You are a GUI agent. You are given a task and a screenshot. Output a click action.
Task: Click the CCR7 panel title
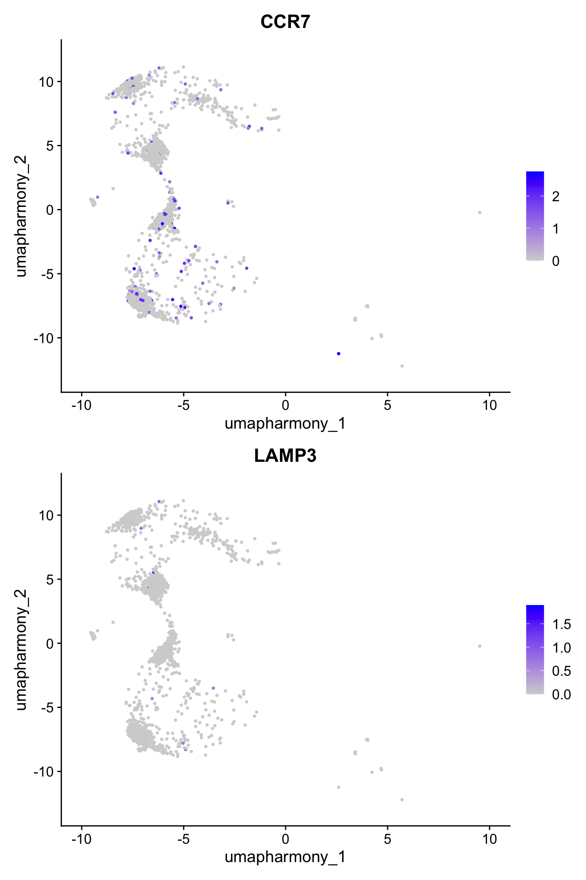[285, 22]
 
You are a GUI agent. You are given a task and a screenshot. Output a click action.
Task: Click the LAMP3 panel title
[285, 456]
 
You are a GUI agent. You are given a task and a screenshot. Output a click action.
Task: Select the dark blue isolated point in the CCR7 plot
[338, 354]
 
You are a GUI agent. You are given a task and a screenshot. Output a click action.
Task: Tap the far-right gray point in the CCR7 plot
[480, 213]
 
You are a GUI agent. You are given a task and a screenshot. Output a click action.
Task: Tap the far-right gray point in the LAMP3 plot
[480, 646]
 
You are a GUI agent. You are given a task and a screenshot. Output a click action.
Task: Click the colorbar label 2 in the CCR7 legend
[555, 197]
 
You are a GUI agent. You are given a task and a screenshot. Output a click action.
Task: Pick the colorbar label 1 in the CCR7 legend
[555, 229]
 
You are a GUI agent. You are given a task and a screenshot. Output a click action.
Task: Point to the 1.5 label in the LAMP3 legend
[561, 625]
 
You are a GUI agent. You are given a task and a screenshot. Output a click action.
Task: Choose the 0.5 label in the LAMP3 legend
[561, 671]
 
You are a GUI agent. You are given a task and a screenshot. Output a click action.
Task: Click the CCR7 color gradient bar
[535, 216]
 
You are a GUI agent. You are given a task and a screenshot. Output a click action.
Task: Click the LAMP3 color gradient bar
[535, 650]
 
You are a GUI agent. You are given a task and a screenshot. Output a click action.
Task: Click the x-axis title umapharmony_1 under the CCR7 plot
[285, 423]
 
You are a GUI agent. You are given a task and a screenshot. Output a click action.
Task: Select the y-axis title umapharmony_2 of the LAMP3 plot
[21, 650]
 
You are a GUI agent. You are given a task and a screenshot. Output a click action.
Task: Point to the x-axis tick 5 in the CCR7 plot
[387, 406]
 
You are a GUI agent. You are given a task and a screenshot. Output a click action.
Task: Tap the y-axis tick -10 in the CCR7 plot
[43, 338]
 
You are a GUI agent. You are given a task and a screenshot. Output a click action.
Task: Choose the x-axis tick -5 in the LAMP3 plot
[183, 839]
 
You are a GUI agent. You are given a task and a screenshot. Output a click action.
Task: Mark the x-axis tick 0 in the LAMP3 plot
[285, 839]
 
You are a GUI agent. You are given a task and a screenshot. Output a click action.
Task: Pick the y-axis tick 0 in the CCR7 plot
[49, 210]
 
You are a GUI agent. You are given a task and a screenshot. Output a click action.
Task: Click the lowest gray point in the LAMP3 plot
[402, 800]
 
